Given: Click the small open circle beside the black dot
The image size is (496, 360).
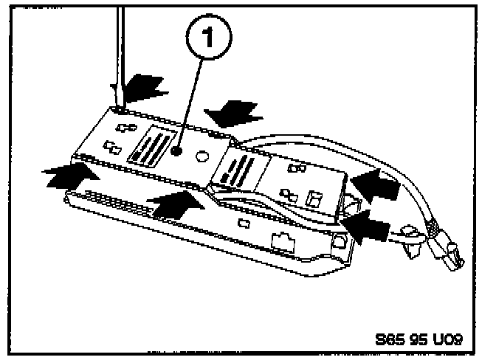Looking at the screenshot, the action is (202, 156).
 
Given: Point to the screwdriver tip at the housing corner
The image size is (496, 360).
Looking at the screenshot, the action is (117, 106).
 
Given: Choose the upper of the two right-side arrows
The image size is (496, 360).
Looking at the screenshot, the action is (376, 182).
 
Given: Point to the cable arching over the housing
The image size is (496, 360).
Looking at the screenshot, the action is (354, 151).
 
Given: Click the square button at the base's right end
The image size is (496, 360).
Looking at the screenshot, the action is (340, 240).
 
